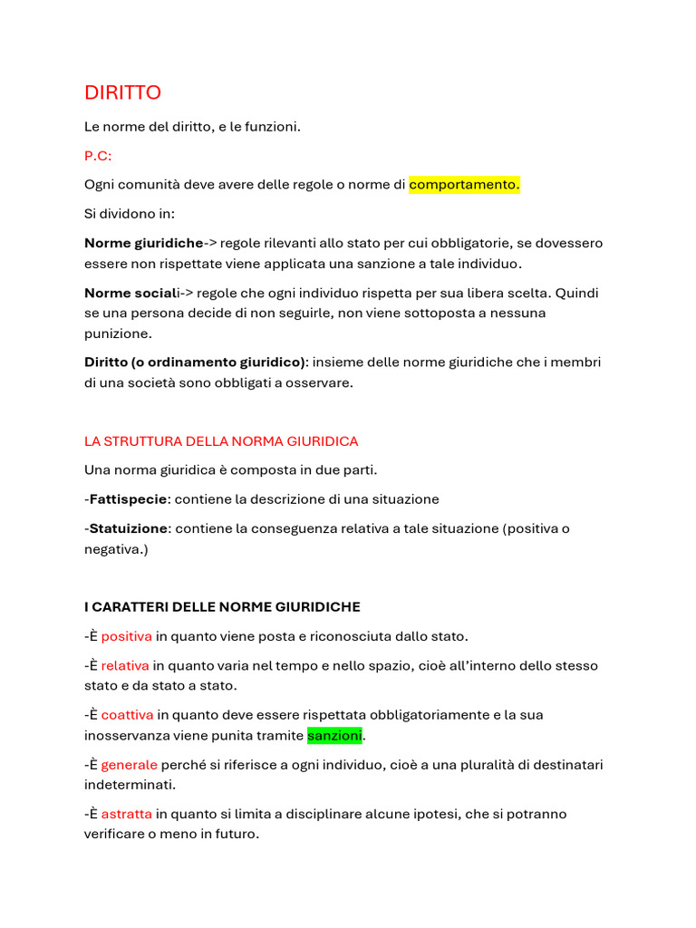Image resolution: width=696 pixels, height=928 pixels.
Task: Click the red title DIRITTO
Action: click(122, 93)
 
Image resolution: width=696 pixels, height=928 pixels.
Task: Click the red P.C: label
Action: click(98, 156)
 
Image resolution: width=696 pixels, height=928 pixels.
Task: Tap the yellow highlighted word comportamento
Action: click(464, 185)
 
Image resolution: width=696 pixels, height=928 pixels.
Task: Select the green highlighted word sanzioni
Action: click(334, 735)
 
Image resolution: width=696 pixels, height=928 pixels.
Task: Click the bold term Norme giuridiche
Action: click(143, 243)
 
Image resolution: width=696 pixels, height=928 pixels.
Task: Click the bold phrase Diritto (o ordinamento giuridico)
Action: click(195, 362)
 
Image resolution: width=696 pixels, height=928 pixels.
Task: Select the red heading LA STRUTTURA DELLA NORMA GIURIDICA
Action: click(221, 441)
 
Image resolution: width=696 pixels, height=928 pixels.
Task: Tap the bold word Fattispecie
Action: click(128, 499)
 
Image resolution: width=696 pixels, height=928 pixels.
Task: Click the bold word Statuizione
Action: click(128, 528)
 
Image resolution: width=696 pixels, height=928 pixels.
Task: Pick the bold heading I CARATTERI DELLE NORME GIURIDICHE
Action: click(222, 606)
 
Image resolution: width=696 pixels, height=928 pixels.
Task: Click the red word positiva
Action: click(126, 636)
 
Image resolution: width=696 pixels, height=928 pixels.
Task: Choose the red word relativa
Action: click(125, 666)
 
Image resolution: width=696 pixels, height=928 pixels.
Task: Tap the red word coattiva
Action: click(127, 715)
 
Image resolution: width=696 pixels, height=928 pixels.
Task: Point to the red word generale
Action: click(129, 765)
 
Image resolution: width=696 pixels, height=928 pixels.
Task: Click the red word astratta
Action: click(126, 814)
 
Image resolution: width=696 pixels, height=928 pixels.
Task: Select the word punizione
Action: click(118, 333)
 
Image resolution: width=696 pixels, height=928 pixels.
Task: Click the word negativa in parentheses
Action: click(113, 549)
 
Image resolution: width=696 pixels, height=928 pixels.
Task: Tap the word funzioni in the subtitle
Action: click(270, 127)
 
